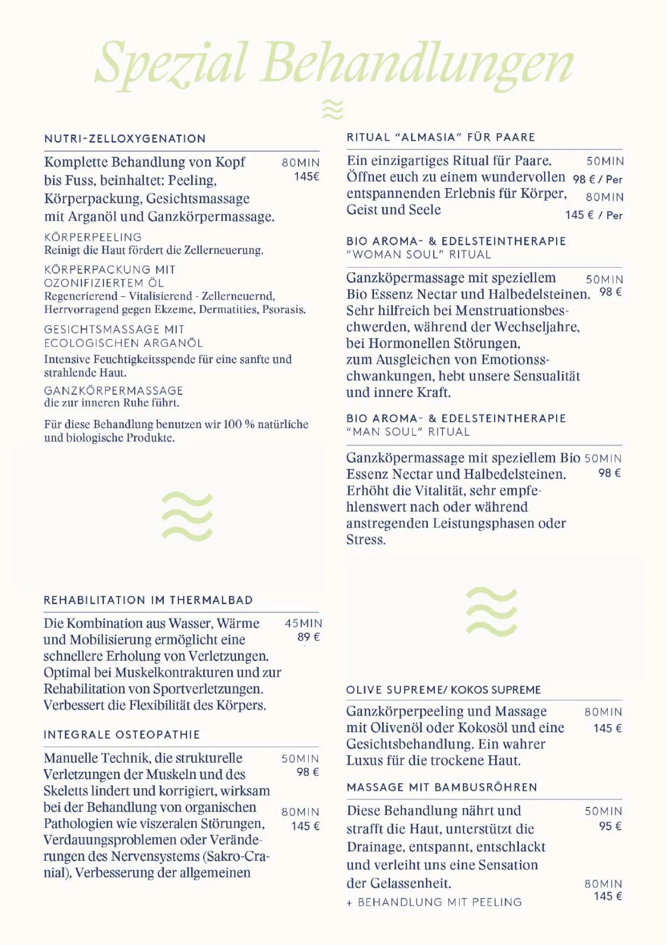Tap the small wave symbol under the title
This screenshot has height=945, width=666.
tap(333, 110)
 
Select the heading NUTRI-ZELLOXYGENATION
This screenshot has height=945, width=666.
tap(125, 139)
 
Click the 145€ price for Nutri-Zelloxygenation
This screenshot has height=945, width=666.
tap(306, 177)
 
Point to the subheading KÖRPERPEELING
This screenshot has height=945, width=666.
tap(93, 237)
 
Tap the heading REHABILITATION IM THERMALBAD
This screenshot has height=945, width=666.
tap(148, 600)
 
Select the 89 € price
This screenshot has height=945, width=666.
tap(308, 637)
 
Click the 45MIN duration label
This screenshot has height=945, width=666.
tap(304, 624)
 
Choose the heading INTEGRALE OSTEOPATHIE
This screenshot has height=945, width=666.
tap(122, 735)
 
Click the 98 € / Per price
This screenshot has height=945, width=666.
tap(597, 180)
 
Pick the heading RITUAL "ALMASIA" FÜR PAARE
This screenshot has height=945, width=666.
tap(441, 137)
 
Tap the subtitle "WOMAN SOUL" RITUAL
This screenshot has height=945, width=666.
tap(419, 254)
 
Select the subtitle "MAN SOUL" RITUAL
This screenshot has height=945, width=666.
tap(408, 432)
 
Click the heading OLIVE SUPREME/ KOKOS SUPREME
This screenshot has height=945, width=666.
tap(443, 690)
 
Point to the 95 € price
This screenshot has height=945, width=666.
tap(610, 826)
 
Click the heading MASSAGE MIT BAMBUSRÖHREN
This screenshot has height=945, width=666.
tap(442, 788)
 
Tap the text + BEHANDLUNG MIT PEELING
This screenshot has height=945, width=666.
tap(434, 902)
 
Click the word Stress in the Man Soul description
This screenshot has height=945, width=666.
tap(365, 540)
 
